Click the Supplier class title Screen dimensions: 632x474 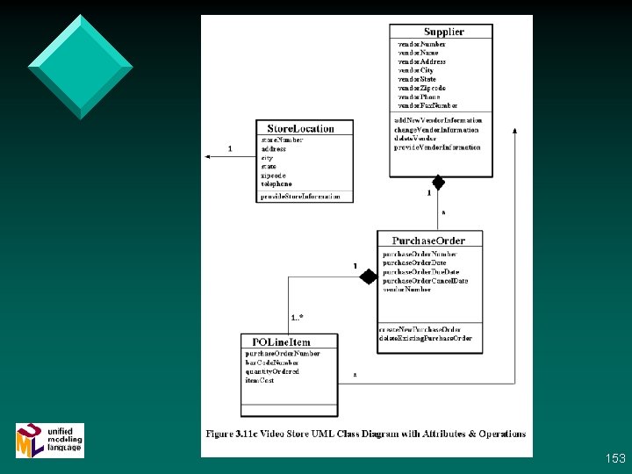click(444, 32)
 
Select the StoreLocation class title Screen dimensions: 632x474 click(301, 128)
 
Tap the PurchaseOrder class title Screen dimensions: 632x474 click(428, 240)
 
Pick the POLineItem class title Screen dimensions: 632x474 click(281, 341)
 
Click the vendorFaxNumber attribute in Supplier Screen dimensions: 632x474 click(427, 105)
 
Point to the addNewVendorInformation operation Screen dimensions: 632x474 click(438, 120)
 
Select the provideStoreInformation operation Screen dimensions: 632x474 click(300, 197)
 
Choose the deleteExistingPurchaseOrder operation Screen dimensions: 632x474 click(426, 338)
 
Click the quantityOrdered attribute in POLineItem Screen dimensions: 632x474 click(272, 371)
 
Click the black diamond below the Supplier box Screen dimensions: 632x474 click(435, 183)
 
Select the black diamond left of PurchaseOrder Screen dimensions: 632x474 click(368, 276)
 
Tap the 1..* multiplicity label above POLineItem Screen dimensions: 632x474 click(298, 317)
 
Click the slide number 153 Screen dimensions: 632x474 click(615, 458)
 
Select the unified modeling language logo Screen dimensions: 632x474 click(50, 439)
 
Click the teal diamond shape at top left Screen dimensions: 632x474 click(80, 66)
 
